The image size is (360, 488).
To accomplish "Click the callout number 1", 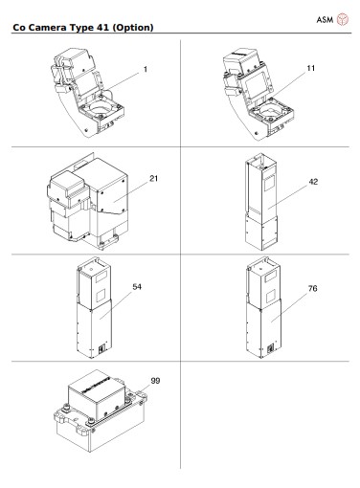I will coord(145,69).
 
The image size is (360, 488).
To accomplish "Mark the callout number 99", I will coord(155,380).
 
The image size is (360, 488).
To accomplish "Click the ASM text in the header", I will coord(324,20).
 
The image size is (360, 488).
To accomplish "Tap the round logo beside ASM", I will coord(346,20).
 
